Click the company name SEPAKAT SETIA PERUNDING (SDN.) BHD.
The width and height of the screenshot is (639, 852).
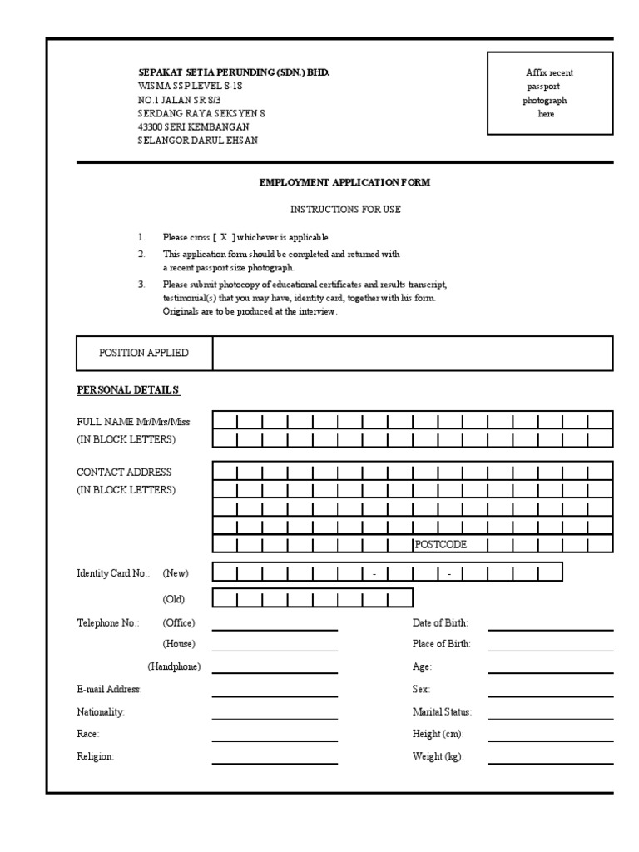click(233, 73)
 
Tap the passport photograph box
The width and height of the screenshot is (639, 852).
click(550, 93)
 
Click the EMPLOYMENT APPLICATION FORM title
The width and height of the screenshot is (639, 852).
click(344, 182)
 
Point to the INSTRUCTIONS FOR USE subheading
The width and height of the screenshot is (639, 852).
click(344, 210)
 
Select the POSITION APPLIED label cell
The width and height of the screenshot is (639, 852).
click(144, 353)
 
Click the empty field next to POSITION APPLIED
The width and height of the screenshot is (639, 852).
click(413, 353)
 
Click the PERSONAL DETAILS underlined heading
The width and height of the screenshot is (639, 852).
click(128, 390)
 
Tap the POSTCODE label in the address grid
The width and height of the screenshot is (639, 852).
click(440, 545)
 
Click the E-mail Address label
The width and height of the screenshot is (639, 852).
click(109, 689)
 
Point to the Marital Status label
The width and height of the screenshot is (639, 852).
click(442, 712)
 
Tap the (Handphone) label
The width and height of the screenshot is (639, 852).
click(174, 667)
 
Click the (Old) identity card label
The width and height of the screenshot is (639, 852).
click(174, 599)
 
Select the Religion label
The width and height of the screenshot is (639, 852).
click(96, 757)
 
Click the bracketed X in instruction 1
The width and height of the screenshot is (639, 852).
click(223, 237)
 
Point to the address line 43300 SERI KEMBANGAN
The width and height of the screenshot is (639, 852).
click(193, 127)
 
